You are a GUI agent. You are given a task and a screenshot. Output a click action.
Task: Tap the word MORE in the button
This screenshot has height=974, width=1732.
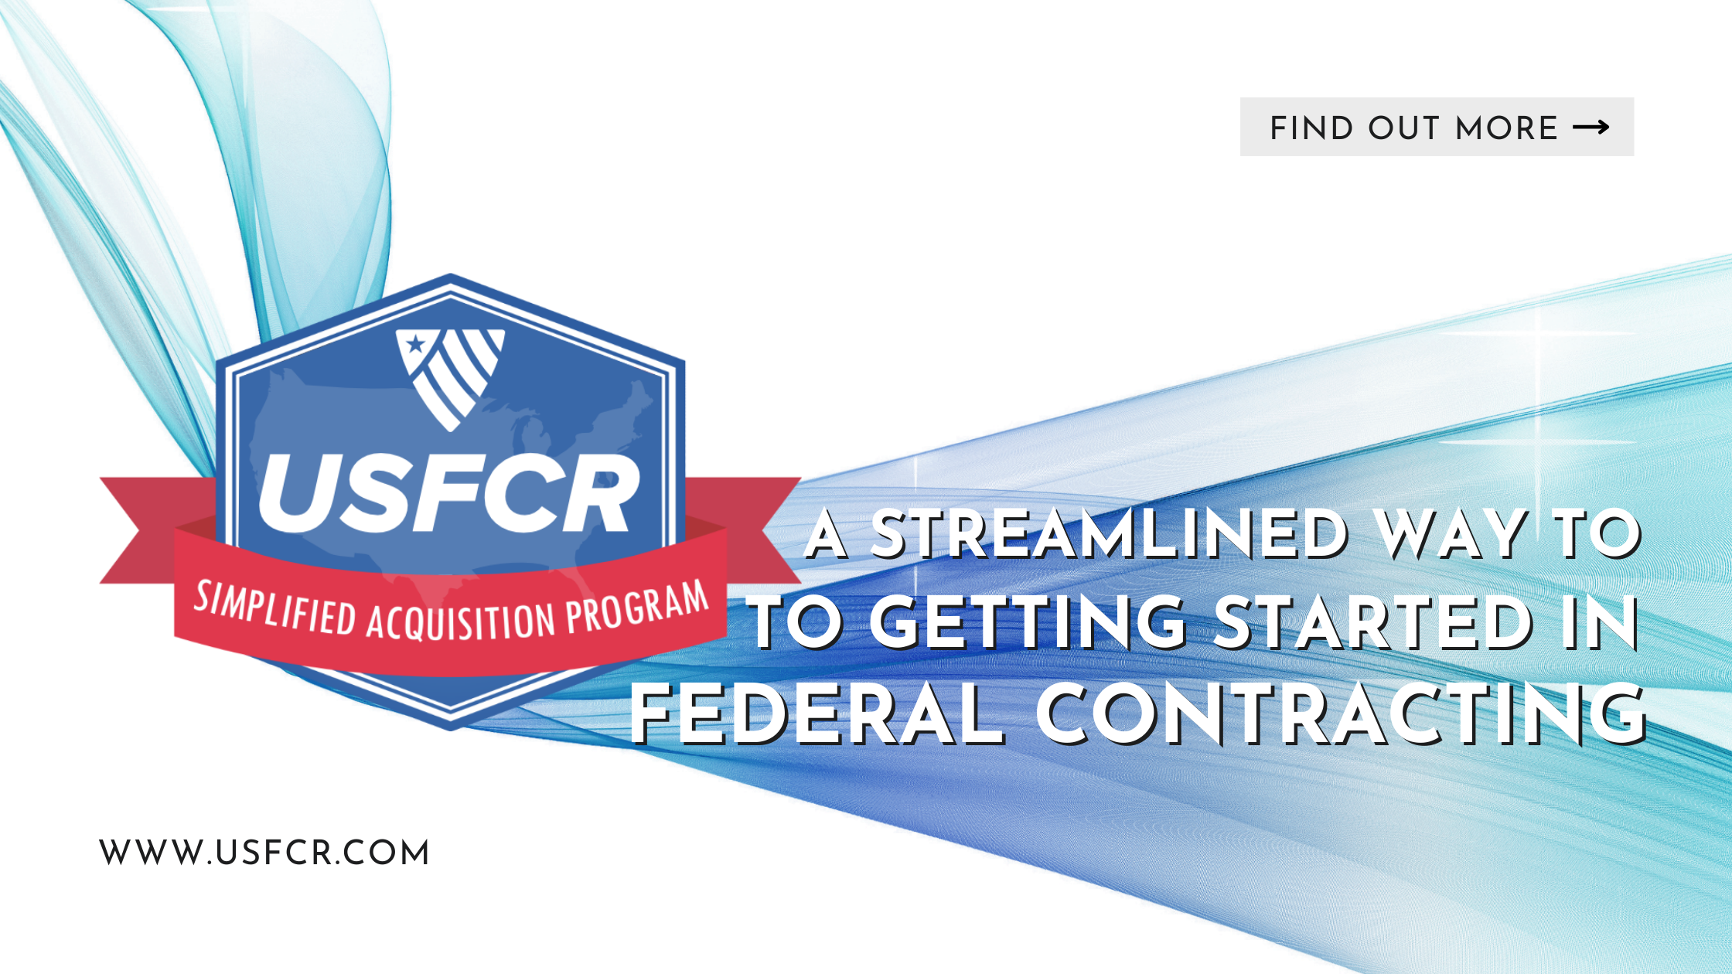[x=1507, y=128]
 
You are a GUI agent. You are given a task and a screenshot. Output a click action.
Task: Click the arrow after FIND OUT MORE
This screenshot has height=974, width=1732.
[x=1591, y=128]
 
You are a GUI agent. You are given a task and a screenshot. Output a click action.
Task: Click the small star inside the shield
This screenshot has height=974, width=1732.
[x=415, y=343]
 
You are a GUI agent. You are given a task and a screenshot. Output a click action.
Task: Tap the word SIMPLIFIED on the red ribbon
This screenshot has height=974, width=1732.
[x=274, y=608]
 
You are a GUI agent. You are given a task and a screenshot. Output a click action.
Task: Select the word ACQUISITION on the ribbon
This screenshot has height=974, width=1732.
[x=461, y=622]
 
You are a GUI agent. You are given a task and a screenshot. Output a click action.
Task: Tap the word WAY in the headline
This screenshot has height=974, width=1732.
[x=1451, y=535]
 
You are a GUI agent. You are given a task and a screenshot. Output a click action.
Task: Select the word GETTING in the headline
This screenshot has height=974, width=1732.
[x=1029, y=623]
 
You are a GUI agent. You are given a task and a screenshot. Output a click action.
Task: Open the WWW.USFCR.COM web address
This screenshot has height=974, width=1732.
[x=264, y=853]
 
